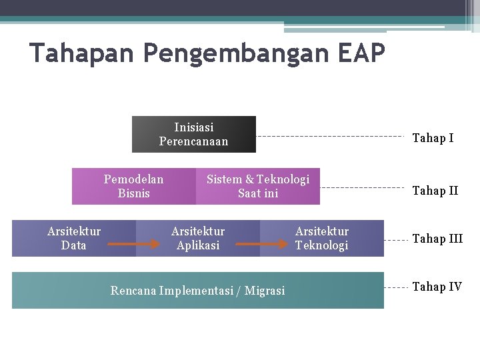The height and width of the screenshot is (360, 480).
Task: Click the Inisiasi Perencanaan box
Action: [193, 134]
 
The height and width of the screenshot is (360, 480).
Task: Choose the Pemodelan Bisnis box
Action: [133, 186]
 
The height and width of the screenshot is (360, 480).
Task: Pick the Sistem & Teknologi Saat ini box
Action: [258, 186]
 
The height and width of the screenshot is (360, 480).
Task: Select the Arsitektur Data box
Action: [74, 238]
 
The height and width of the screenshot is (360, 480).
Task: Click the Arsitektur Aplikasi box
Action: [198, 238]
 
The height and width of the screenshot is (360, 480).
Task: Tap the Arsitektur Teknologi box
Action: [322, 238]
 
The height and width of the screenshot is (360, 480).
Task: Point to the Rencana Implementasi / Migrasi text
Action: [197, 290]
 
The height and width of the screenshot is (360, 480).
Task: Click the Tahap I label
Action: [433, 138]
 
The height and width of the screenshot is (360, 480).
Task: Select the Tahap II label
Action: [435, 191]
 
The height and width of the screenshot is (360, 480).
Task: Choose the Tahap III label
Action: [437, 239]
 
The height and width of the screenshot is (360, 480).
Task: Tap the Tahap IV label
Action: [437, 287]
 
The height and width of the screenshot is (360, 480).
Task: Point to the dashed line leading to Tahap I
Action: [330, 137]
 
